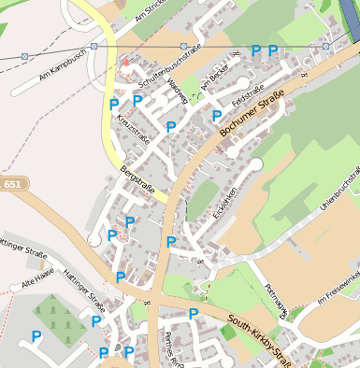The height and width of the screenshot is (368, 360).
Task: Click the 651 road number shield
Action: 11,185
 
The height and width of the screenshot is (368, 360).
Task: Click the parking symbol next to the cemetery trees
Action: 36,335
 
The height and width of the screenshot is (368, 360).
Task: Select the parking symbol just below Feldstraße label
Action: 217,116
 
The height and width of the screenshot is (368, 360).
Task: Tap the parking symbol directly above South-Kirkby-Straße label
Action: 194,314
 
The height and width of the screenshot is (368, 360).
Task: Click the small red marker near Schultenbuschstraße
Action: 124,63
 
